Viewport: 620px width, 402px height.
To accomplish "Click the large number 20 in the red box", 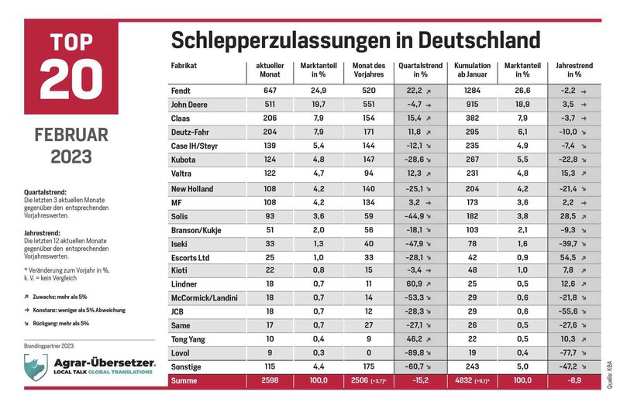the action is tap(71, 79).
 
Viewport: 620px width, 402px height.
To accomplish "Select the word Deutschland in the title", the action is tap(479, 40).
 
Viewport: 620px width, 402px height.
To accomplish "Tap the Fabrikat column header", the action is tap(184, 66).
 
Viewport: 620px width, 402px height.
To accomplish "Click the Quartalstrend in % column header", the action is tap(420, 70).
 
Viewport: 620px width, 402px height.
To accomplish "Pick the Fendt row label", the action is tap(181, 91).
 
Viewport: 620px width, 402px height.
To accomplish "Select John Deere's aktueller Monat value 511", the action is tap(270, 105).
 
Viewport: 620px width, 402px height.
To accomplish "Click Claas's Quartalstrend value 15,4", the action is tap(414, 119).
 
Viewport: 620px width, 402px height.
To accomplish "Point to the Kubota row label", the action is tap(183, 160).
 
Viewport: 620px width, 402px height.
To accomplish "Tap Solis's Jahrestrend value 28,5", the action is tap(568, 216).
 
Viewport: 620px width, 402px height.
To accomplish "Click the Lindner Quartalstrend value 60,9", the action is tap(414, 283).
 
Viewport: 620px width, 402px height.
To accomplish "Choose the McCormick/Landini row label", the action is tap(205, 297).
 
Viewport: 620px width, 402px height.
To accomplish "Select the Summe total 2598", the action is tap(270, 380).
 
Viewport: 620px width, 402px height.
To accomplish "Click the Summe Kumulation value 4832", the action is tap(463, 380).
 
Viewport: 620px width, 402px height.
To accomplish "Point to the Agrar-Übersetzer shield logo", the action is tap(36, 366).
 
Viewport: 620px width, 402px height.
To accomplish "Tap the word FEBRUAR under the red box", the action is tap(71, 135).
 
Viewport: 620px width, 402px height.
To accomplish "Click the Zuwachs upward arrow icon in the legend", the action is tap(26, 297).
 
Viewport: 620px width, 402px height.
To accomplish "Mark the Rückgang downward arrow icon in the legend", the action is tap(26, 323).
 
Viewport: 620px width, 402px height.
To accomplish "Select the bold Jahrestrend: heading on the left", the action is tap(42, 233).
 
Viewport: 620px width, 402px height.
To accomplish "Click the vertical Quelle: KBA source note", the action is tap(609, 374).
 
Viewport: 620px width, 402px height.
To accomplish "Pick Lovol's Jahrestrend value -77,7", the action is tap(568, 352).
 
